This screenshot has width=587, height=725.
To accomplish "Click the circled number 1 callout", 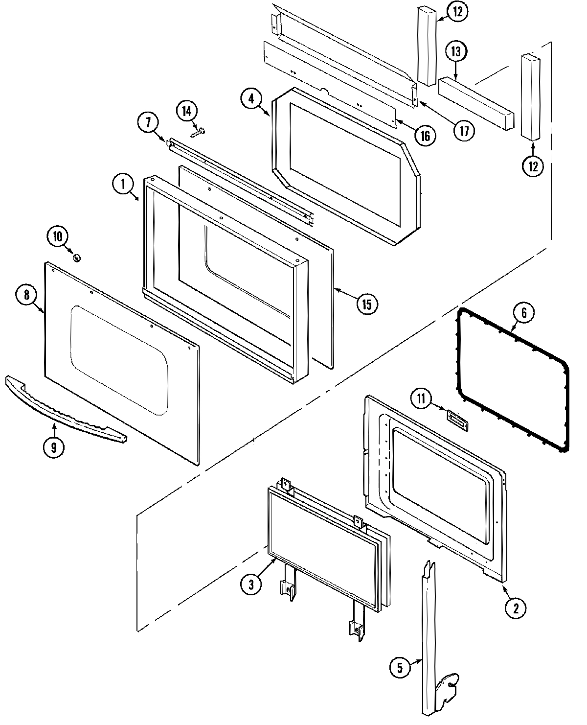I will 124,185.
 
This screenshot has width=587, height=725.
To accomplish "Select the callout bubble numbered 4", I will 251,98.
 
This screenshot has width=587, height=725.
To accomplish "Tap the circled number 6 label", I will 523,313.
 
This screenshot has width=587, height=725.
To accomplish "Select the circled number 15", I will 366,304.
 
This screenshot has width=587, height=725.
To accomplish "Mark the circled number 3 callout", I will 251,585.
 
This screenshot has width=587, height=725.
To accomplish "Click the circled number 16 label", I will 425,136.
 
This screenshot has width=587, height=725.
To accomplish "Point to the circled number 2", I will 516,608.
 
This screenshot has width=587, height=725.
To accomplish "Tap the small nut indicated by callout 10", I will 76,257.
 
